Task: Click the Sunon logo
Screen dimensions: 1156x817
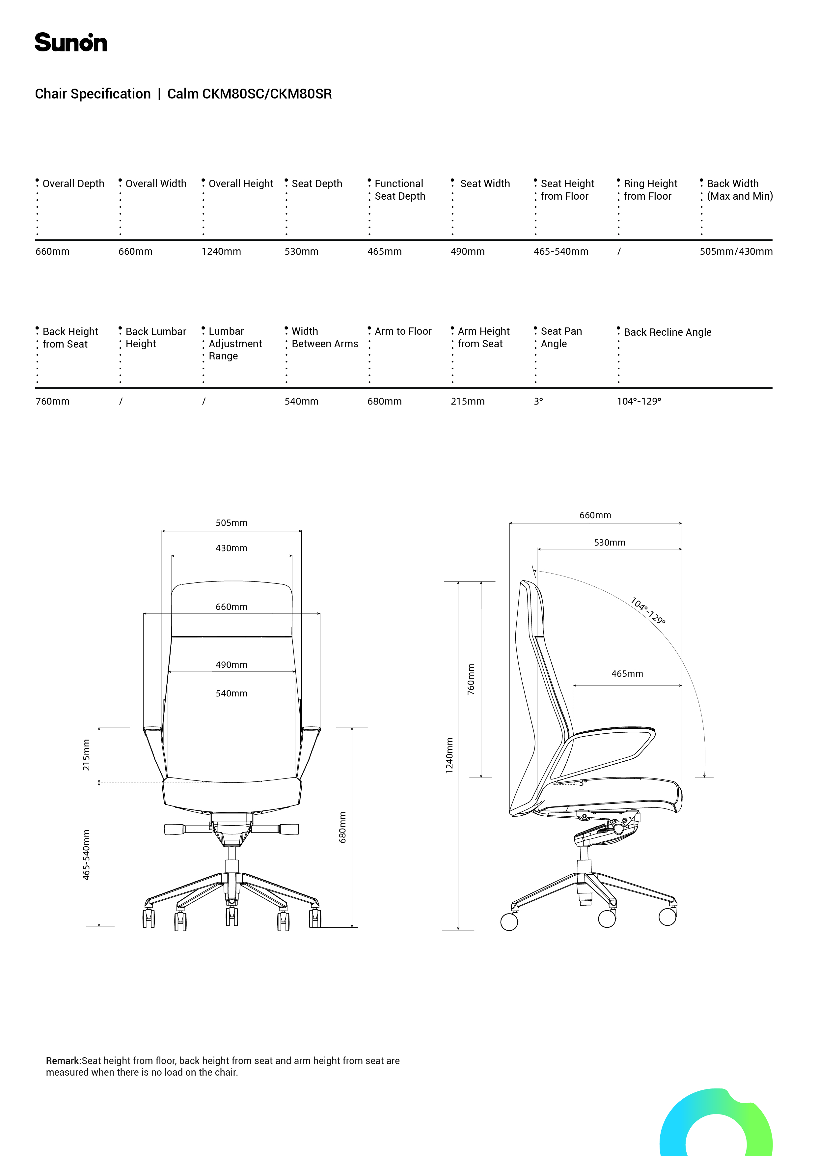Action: coord(70,43)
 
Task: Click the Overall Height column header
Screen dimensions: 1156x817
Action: coord(241,184)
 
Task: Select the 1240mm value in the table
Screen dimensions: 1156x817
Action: coord(221,252)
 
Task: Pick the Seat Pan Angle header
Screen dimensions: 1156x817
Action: coord(561,337)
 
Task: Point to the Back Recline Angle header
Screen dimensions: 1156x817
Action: coord(667,332)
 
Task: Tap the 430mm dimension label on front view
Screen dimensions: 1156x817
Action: coord(231,548)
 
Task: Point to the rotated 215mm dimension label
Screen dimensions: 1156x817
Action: coord(87,755)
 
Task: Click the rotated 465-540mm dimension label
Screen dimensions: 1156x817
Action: coord(87,855)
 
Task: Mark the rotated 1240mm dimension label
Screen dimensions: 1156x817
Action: coord(449,755)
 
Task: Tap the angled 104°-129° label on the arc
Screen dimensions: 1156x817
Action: coord(648,611)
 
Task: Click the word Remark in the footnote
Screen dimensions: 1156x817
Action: coord(63,1061)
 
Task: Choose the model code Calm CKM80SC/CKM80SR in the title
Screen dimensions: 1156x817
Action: coord(249,94)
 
